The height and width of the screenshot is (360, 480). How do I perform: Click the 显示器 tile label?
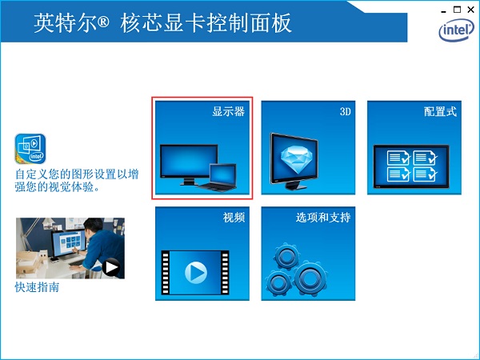pyautogui.click(x=228, y=112)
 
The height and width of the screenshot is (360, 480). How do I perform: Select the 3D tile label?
pyautogui.click(x=346, y=112)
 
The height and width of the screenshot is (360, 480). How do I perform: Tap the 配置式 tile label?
pyautogui.click(x=440, y=112)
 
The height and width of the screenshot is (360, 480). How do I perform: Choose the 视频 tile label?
pyautogui.click(x=234, y=218)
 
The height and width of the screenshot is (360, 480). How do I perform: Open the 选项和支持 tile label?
pyautogui.click(x=323, y=218)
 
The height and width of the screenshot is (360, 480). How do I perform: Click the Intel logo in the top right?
pyautogui.click(x=457, y=30)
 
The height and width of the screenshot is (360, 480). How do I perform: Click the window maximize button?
pyautogui.click(x=457, y=9)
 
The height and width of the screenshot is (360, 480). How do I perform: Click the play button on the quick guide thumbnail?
pyautogui.click(x=110, y=267)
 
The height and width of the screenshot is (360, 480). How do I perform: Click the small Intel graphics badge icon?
pyautogui.click(x=30, y=150)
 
